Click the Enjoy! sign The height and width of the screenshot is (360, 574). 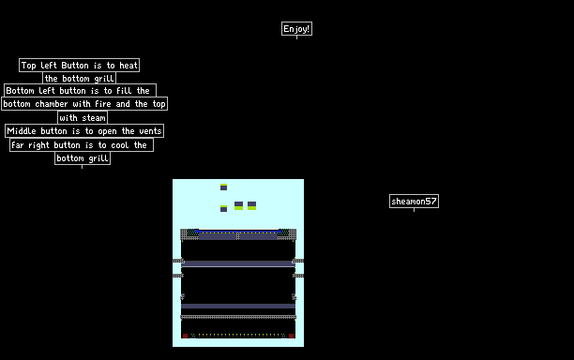296,28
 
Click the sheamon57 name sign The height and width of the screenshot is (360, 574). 414,202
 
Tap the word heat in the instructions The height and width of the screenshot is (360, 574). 128,66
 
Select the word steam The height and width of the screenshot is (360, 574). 94,118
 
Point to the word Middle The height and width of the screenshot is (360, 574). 22,131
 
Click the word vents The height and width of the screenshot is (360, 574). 150,131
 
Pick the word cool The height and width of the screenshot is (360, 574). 120,145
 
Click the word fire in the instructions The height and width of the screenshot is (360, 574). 103,104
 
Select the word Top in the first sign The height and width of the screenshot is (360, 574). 28,66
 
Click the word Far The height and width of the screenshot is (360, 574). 18,145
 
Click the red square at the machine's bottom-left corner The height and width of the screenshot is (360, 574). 185,336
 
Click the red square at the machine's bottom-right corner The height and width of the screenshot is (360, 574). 291,336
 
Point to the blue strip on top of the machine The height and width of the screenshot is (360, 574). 238,232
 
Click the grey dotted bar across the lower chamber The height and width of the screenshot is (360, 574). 238,317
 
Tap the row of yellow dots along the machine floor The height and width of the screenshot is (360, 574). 238,335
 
